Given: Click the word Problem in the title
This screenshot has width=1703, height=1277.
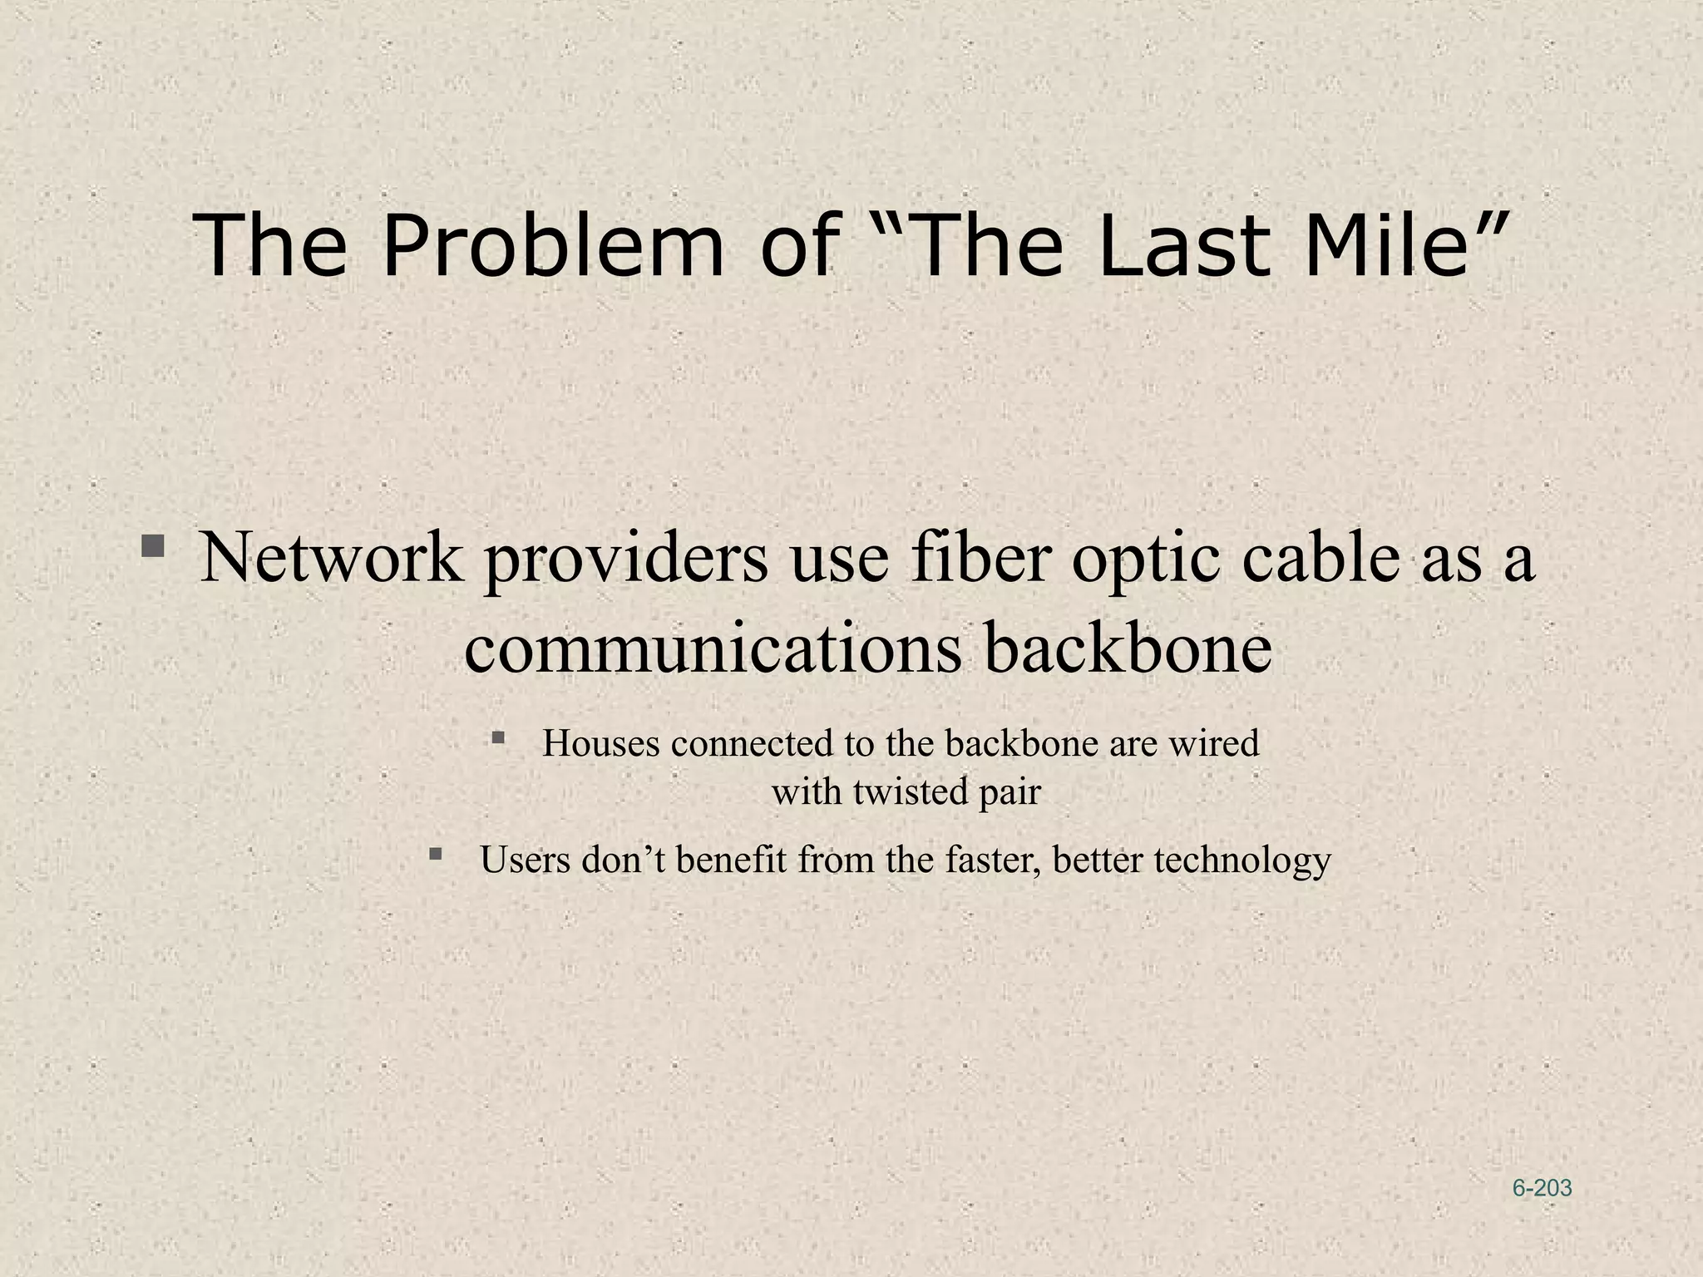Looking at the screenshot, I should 553,245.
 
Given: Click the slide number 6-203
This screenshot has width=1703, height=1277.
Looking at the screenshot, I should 1542,1188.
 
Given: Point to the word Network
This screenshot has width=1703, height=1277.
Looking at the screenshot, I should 331,557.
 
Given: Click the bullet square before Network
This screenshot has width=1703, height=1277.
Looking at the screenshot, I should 152,546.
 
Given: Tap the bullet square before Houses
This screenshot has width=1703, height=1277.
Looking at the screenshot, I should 498,737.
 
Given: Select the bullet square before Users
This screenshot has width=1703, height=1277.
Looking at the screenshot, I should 436,853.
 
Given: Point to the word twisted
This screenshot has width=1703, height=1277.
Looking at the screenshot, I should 910,791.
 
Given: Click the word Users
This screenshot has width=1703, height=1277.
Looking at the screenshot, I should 525,860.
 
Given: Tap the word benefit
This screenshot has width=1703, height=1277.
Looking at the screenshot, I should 731,860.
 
